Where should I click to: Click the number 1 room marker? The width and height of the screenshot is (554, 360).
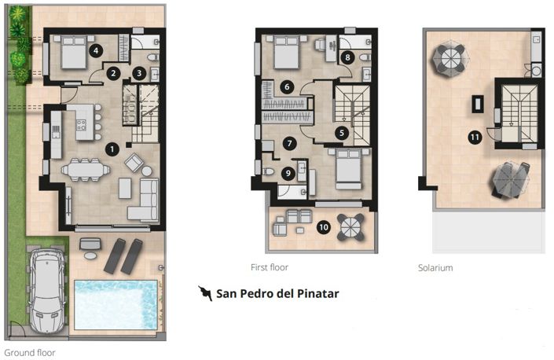pyautogui.click(x=112, y=148)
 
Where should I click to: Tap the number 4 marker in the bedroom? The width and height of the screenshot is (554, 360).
pyautogui.click(x=95, y=51)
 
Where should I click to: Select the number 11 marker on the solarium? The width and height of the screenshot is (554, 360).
pyautogui.click(x=474, y=137)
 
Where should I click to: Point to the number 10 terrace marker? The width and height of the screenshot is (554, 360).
pyautogui.click(x=322, y=228)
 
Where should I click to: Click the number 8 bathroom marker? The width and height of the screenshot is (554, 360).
pyautogui.click(x=347, y=57)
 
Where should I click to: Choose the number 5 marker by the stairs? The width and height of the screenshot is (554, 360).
pyautogui.click(x=342, y=134)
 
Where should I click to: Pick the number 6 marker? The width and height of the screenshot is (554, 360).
pyautogui.click(x=288, y=86)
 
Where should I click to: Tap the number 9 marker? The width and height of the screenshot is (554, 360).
pyautogui.click(x=288, y=173)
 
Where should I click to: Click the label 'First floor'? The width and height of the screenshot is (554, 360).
pyautogui.click(x=270, y=268)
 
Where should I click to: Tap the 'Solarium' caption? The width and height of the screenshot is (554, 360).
pyautogui.click(x=435, y=268)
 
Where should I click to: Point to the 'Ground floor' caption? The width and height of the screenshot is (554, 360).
pyautogui.click(x=30, y=353)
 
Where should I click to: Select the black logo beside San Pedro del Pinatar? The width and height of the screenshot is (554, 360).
pyautogui.click(x=206, y=294)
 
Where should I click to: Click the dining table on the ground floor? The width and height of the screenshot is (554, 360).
pyautogui.click(x=86, y=168)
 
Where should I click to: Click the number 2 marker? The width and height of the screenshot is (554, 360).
pyautogui.click(x=114, y=74)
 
